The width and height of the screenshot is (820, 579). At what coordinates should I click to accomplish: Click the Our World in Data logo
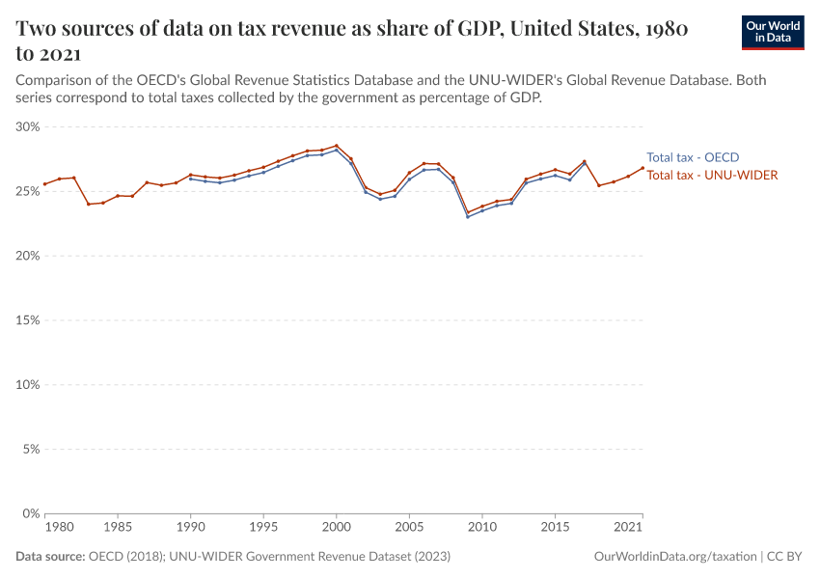[772, 32]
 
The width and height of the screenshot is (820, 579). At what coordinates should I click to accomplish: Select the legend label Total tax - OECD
[693, 157]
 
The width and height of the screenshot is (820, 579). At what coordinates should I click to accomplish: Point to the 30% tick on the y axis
[27, 126]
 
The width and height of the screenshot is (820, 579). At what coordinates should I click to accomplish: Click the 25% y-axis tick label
[27, 191]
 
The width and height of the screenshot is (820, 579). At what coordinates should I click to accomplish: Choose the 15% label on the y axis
[27, 320]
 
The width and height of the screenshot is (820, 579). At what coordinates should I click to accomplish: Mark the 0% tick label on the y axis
[30, 513]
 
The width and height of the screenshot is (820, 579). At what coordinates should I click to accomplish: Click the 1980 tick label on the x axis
[59, 528]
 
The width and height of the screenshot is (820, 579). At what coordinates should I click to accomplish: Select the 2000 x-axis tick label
[336, 528]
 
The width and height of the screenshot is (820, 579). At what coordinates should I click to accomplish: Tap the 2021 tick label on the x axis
[629, 528]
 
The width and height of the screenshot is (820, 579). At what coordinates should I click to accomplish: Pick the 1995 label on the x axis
[263, 528]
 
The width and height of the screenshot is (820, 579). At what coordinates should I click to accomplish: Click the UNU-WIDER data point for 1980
[44, 184]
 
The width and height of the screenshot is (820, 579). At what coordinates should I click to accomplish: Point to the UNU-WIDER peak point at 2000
[337, 146]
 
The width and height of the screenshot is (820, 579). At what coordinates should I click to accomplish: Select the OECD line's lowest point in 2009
[468, 216]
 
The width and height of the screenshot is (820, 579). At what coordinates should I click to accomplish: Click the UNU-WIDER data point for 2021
[642, 168]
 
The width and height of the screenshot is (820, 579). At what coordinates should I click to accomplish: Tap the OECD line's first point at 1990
[190, 179]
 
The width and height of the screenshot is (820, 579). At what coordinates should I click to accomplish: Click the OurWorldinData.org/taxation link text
[674, 557]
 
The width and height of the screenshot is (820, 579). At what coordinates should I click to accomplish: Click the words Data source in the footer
[50, 557]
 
